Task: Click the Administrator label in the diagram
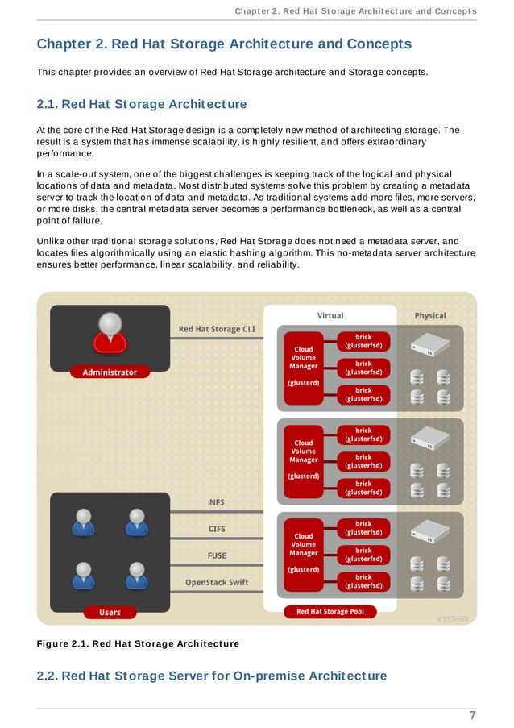coord(110,372)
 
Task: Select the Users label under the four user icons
coord(110,612)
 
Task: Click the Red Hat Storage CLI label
coord(216,329)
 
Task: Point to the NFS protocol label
coord(217,502)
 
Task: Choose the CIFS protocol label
coord(217,530)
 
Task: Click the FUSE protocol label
coord(217,555)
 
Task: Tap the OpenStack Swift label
coord(217,582)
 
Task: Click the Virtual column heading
coord(330,315)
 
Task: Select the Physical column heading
coord(430,315)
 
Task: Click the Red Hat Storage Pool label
coord(330,612)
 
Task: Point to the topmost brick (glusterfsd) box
coord(363,341)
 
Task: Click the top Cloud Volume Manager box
coord(304,365)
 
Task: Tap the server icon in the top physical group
coord(429,344)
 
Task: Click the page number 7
coord(473,715)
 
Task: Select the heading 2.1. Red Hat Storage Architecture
coord(142,104)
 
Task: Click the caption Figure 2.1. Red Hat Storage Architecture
coord(138,643)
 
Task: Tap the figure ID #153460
coord(452,619)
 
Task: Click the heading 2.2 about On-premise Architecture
coord(212,676)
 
